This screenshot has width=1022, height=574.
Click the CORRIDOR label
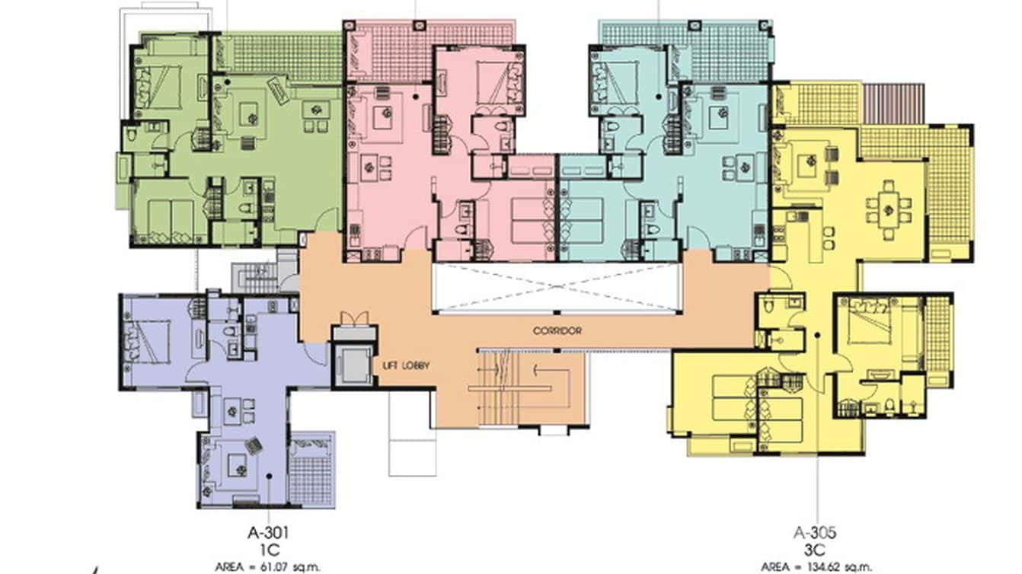click(x=557, y=331)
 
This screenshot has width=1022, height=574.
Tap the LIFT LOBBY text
click(x=406, y=366)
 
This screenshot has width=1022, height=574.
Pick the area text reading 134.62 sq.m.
click(x=817, y=567)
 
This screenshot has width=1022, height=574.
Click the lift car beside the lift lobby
click(x=353, y=366)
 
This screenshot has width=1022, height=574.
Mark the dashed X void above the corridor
click(x=556, y=287)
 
